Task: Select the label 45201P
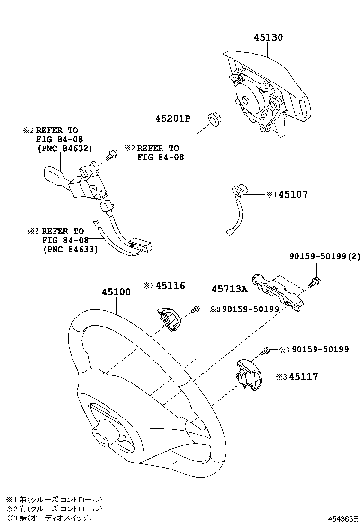[172, 118]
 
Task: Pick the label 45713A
[230, 289]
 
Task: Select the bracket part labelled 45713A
[277, 290]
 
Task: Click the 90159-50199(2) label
[324, 257]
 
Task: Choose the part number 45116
[170, 286]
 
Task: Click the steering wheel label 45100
[116, 292]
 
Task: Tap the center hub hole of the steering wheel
[102, 437]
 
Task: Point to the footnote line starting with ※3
[55, 518]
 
